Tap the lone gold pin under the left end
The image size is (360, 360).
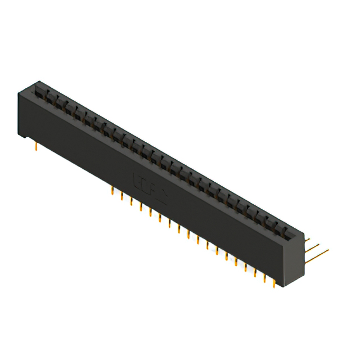[x=37, y=146]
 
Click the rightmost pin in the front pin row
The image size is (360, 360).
[x=274, y=281]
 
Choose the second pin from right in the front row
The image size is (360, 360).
[x=265, y=276]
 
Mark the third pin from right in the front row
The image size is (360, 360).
[x=255, y=271]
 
